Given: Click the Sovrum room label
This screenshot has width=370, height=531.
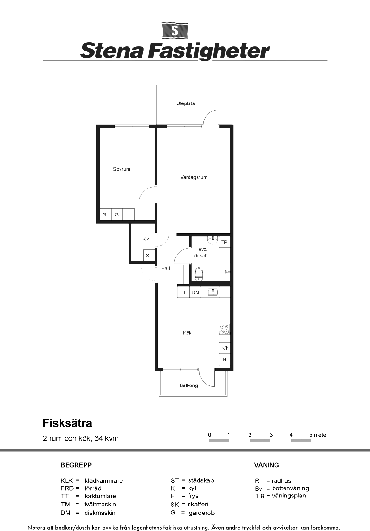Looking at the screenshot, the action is pos(121,169).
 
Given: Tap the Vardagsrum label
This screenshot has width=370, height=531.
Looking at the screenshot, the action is pos(194,177).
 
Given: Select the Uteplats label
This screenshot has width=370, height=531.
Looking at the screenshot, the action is pos(186,103).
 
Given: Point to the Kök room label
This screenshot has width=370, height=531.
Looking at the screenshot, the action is pos(188,333).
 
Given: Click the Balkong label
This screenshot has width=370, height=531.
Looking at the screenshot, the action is pos(189,385).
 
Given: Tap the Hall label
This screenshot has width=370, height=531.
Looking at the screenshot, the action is pos(166,268).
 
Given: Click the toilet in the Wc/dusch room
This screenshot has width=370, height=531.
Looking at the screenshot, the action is pos(199,274).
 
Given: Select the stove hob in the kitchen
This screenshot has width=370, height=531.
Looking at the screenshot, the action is pos(224,329).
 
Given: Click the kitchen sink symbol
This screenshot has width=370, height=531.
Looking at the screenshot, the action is pos(213,292).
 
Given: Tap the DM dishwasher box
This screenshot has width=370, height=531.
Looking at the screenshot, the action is pos(196,292).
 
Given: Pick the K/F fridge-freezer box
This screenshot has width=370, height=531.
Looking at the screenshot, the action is pos(224,348).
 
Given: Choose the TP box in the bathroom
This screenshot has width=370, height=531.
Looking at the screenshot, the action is pos(224,242).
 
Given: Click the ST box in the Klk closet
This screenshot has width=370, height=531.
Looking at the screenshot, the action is pos(149,256).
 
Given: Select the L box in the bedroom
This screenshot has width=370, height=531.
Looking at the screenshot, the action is pos(129,214).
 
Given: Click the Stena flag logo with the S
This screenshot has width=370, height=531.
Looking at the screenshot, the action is pos(174,31).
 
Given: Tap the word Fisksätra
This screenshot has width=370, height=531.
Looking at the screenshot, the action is pos(68,423).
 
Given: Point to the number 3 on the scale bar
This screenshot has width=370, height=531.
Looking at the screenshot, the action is pos(271,435).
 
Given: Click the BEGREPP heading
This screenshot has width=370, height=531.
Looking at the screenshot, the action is pos(76,465).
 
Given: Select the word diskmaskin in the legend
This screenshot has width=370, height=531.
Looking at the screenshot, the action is pos(100,513).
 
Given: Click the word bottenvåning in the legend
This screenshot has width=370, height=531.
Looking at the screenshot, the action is pos(290,488).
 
